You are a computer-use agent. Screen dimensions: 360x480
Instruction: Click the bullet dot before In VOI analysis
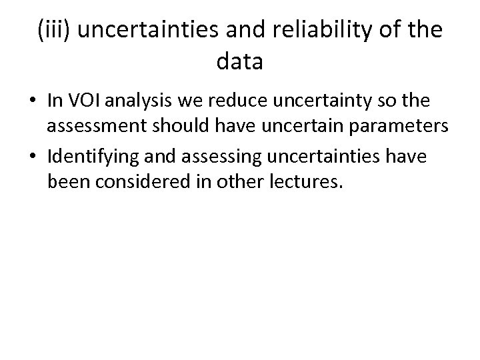click(x=32, y=101)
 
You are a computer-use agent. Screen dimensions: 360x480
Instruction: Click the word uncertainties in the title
click(x=143, y=31)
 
